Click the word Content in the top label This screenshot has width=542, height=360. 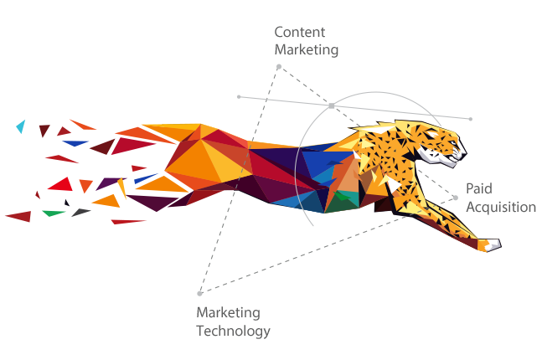[x=299, y=33]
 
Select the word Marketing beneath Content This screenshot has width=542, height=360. [x=307, y=49]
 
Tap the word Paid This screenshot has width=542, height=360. [x=479, y=190]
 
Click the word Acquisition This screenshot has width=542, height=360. [x=500, y=207]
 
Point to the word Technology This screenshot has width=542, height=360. [x=233, y=331]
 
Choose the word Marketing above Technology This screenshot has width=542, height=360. [x=228, y=313]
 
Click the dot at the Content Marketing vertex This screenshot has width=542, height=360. [x=279, y=66]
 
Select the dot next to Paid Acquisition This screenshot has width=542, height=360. [x=455, y=198]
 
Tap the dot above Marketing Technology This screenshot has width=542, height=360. [x=199, y=293]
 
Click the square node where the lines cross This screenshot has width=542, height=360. [x=332, y=105]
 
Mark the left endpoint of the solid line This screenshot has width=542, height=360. [x=239, y=96]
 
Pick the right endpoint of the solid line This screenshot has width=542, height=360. [x=471, y=119]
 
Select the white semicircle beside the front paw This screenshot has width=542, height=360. [x=508, y=249]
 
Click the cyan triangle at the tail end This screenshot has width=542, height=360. [x=21, y=126]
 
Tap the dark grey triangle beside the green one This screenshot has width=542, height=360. [x=80, y=212]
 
